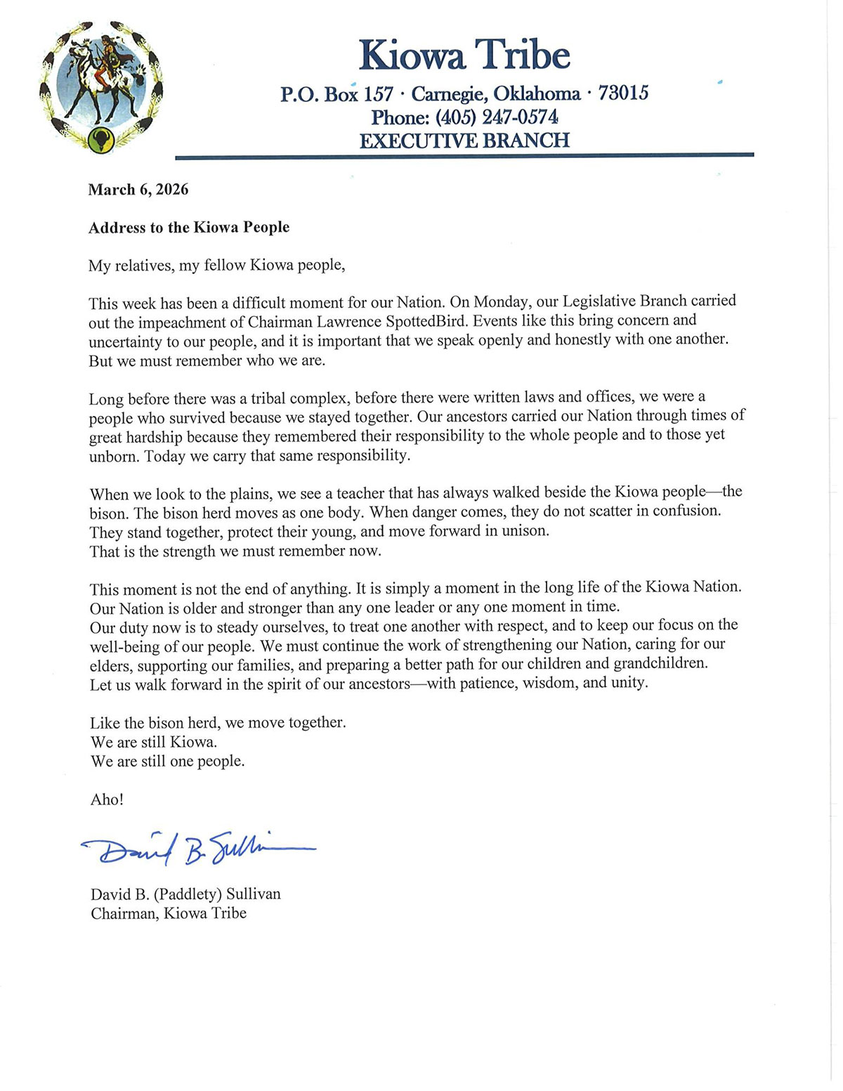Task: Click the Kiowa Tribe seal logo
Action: (102, 89)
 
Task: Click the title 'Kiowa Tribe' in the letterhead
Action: (464, 55)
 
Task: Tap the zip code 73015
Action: (623, 93)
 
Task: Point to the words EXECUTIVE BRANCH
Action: (464, 141)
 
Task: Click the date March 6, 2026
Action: (138, 190)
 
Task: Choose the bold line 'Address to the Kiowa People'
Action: (189, 228)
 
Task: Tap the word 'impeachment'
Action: (179, 322)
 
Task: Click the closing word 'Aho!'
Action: (107, 799)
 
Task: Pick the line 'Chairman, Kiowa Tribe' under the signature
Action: (169, 913)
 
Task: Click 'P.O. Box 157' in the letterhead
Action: (336, 94)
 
